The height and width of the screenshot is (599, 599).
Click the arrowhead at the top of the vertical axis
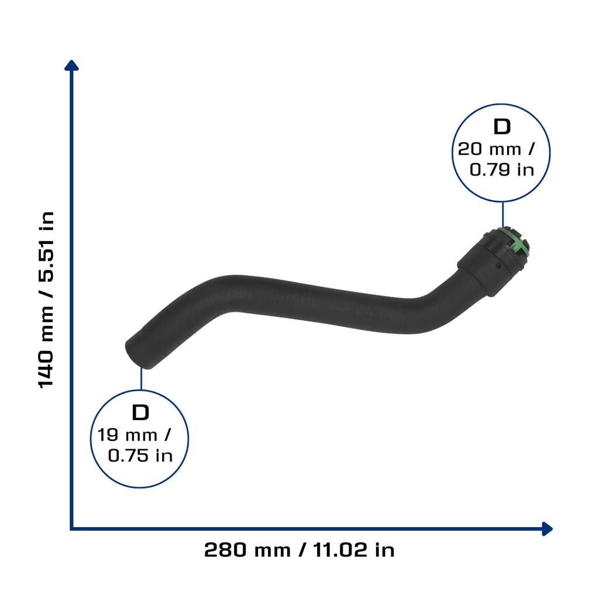point(71,66)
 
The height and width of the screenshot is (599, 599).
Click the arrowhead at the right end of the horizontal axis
point(547,529)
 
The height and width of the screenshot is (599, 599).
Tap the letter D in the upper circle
point(502,126)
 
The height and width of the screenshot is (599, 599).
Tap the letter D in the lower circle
point(140,412)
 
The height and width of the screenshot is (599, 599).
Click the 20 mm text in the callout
point(490,149)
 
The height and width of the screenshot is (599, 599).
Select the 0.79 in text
point(501,170)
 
